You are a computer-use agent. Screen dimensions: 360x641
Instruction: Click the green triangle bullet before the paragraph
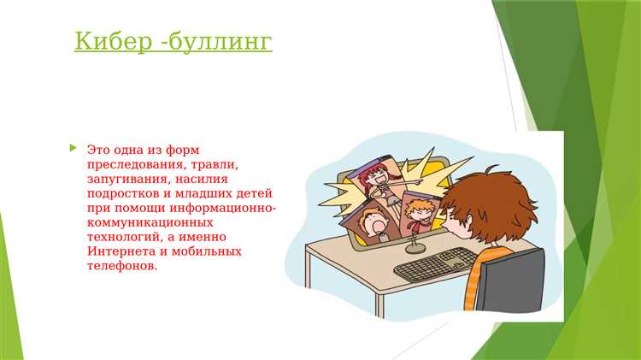(x=73, y=148)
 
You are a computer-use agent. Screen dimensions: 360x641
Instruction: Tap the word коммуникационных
(x=142, y=222)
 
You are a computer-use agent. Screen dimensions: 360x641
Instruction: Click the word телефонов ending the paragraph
(x=122, y=266)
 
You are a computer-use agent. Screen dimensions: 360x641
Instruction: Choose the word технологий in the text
(x=121, y=237)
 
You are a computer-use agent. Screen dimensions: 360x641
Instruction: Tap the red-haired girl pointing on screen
(x=377, y=180)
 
